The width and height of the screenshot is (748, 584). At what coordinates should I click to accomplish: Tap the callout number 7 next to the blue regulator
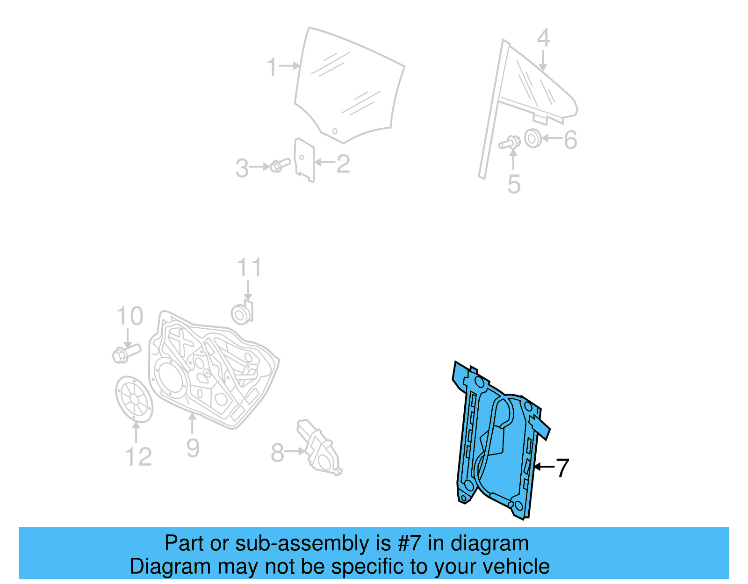562,468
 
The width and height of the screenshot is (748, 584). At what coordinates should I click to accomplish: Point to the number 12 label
138,456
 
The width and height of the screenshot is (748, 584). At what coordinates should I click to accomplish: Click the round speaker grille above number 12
134,399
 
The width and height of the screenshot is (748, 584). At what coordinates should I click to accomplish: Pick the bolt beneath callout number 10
126,353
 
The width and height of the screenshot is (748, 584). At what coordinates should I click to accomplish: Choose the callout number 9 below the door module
193,447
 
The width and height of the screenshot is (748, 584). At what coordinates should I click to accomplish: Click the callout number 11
249,268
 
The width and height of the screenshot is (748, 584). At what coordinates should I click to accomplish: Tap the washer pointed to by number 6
532,138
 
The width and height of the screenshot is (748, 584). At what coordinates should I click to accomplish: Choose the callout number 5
514,184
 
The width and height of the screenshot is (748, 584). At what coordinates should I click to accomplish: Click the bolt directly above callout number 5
511,142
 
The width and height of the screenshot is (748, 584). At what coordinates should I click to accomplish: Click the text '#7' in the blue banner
409,543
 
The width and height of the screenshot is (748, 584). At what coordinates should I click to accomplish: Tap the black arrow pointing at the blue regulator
544,467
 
